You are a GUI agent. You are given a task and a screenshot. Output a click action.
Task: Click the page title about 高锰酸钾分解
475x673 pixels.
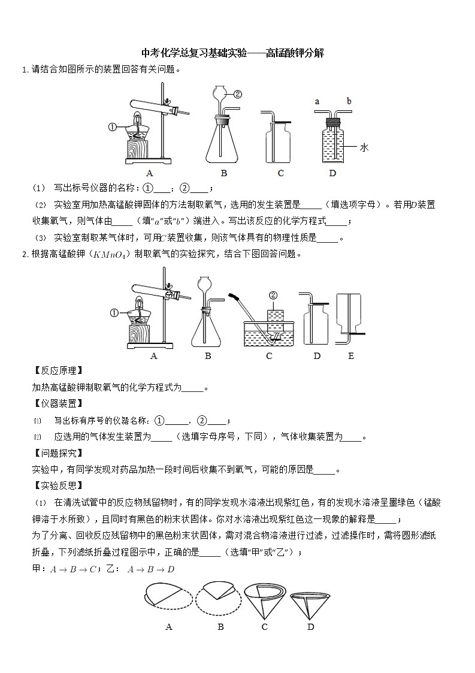click(232, 53)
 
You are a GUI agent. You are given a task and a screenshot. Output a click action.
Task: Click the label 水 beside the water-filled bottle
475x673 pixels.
click(363, 147)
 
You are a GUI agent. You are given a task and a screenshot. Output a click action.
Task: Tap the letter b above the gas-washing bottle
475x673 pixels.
click(349, 102)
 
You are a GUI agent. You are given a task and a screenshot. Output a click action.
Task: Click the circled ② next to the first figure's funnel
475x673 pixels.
click(237, 94)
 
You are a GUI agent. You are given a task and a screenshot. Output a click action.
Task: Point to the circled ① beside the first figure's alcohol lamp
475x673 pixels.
click(112, 126)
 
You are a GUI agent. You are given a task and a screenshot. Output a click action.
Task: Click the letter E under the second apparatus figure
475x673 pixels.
click(351, 356)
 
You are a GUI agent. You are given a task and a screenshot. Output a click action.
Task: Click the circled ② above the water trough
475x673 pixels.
click(273, 295)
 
